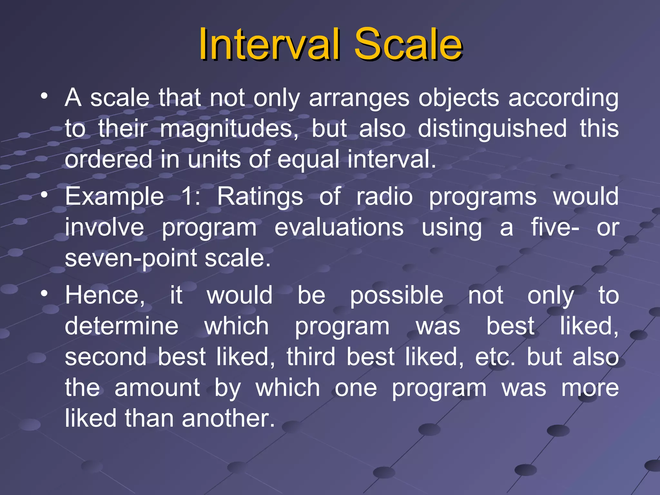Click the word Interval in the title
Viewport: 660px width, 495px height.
[269, 44]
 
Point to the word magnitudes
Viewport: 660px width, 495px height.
[229, 129]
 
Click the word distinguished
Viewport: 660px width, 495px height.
[492, 129]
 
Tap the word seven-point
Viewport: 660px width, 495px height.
[131, 258]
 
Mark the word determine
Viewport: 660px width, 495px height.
[121, 326]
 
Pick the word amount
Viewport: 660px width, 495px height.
[157, 388]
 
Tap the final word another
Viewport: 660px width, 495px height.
[228, 418]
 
